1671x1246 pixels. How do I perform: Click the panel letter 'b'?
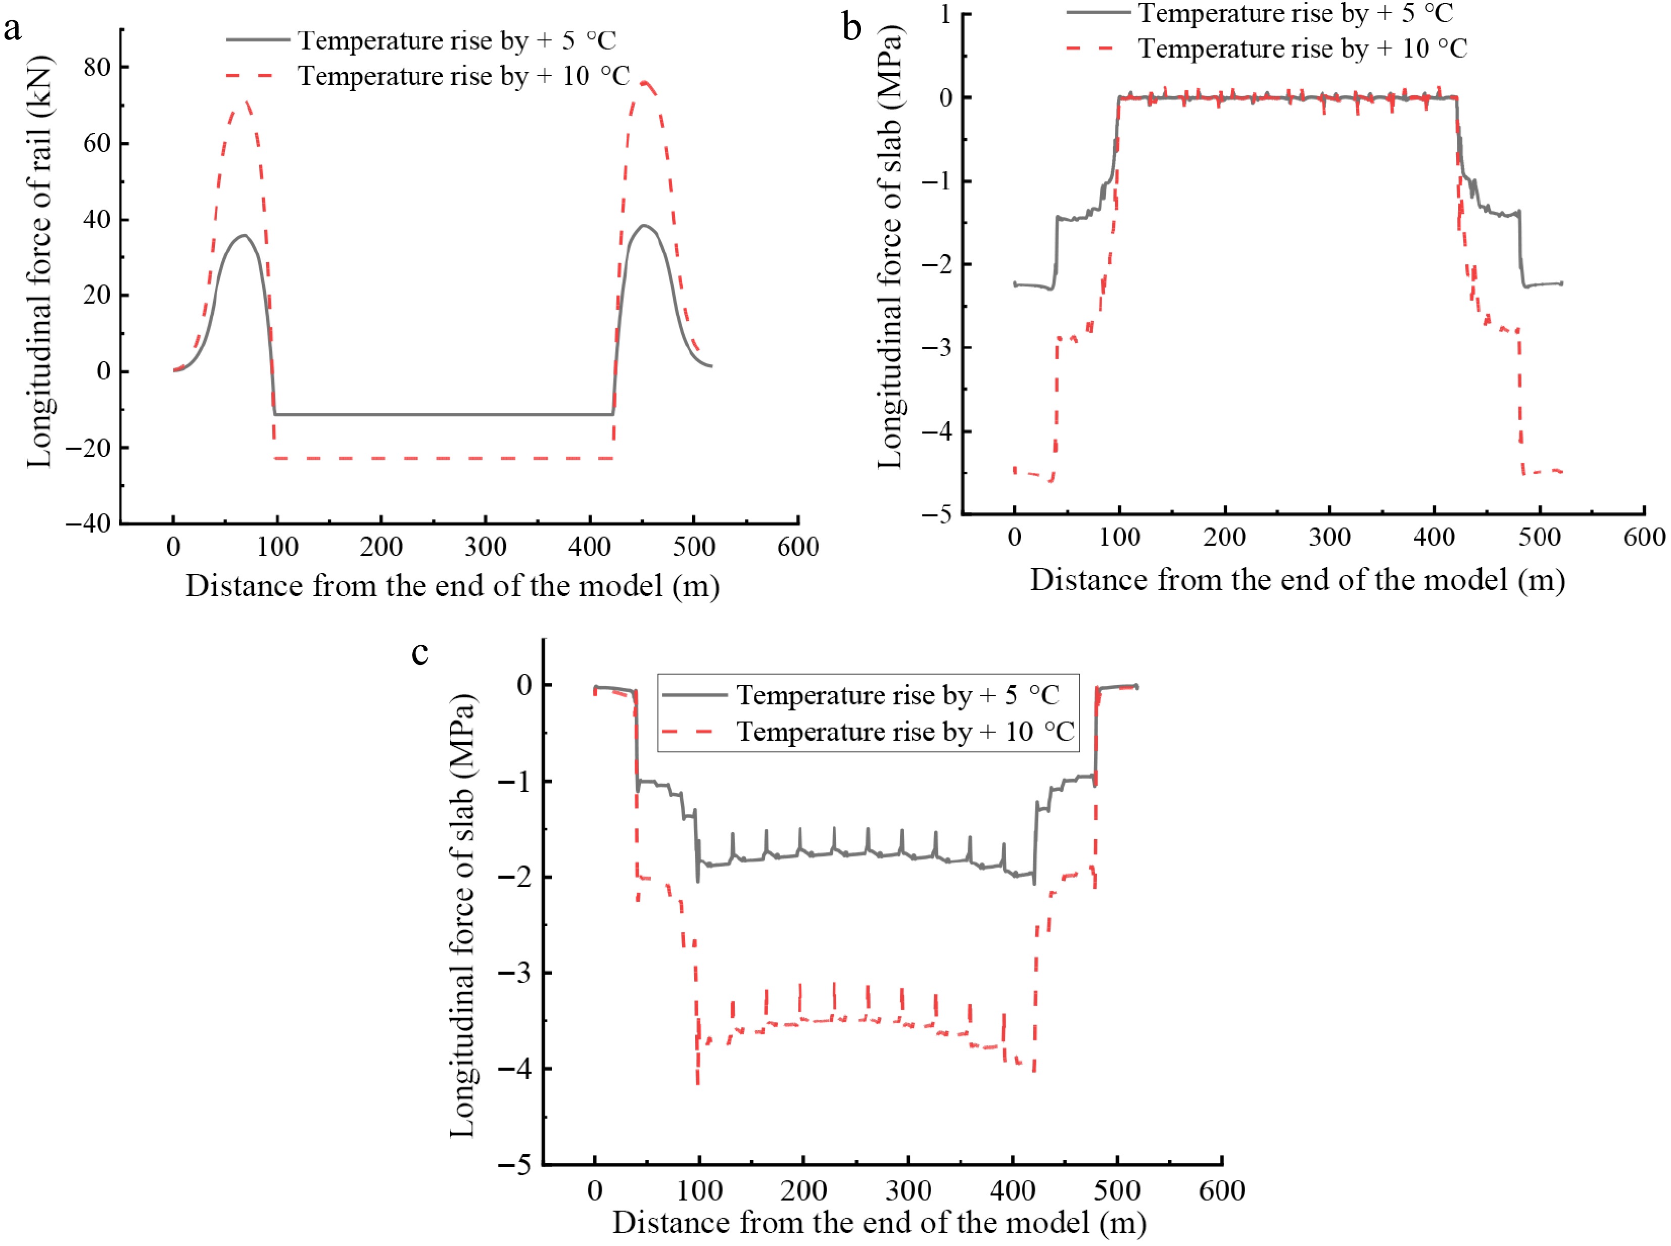tap(851, 29)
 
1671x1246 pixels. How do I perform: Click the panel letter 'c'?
tap(420, 652)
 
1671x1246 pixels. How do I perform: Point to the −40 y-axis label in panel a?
tap(87, 523)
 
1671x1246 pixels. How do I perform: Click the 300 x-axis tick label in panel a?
tap(485, 547)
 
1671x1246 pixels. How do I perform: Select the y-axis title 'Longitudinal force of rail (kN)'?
tap(39, 261)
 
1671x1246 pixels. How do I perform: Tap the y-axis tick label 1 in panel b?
tap(945, 14)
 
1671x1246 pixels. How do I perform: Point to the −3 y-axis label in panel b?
tap(936, 348)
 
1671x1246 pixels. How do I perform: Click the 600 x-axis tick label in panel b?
tap(1644, 538)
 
